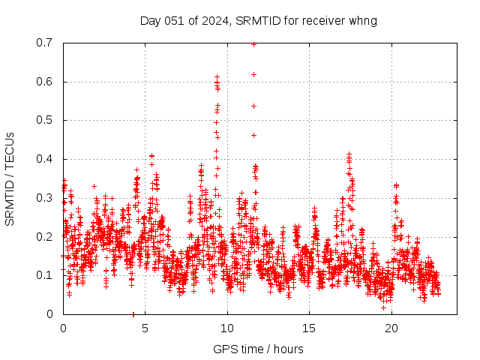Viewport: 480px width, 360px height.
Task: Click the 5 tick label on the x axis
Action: [x=145, y=328]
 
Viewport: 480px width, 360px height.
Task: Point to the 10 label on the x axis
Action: [x=227, y=328]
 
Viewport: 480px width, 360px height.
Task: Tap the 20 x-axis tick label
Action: [x=391, y=328]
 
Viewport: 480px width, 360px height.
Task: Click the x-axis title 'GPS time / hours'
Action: [x=258, y=349]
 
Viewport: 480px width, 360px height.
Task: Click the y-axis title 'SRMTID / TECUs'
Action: [x=10, y=178]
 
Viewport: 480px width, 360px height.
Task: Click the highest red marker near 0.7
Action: [x=253, y=44]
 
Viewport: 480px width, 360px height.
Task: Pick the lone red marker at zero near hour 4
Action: [x=133, y=313]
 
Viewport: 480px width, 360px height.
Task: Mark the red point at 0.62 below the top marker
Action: [x=253, y=74]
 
